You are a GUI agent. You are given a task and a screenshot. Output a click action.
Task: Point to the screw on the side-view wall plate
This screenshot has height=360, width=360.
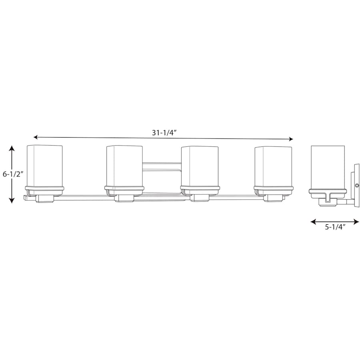pos(356,185)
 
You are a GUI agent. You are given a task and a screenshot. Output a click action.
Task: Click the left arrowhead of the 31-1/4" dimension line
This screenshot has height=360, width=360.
pos(36,137)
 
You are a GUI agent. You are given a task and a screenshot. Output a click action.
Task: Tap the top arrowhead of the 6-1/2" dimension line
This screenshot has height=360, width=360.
pos(12,148)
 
